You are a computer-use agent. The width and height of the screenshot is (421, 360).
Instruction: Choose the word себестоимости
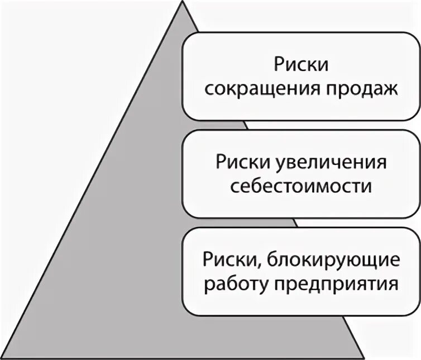click(300, 186)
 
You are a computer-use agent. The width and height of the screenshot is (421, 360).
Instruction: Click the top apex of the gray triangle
click(183, 3)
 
